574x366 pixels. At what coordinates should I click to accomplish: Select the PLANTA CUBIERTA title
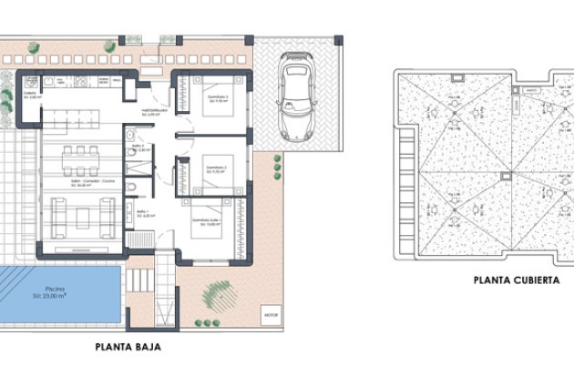516,280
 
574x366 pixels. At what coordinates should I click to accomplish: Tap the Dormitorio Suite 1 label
210,221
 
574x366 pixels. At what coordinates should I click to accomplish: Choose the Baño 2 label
140,148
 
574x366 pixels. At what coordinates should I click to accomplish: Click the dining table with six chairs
80,162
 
